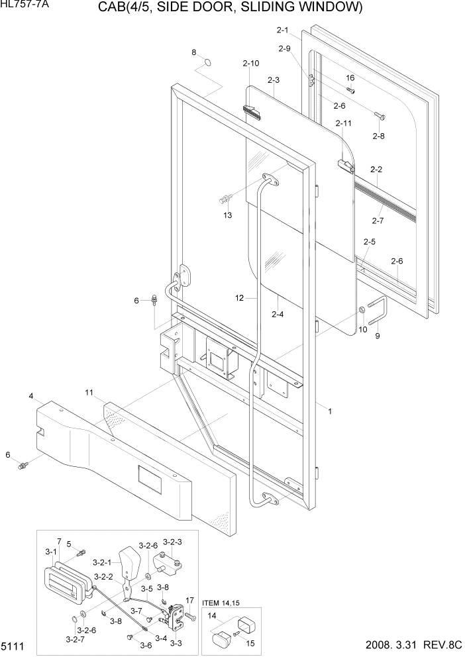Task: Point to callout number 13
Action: click(x=228, y=215)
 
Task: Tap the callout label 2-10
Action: click(x=251, y=64)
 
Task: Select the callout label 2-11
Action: click(x=344, y=123)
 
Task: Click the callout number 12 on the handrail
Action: click(x=240, y=299)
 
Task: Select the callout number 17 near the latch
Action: click(x=189, y=601)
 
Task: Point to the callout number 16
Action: click(x=350, y=78)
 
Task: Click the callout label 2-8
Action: click(x=378, y=136)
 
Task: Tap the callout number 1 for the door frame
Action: click(x=330, y=411)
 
